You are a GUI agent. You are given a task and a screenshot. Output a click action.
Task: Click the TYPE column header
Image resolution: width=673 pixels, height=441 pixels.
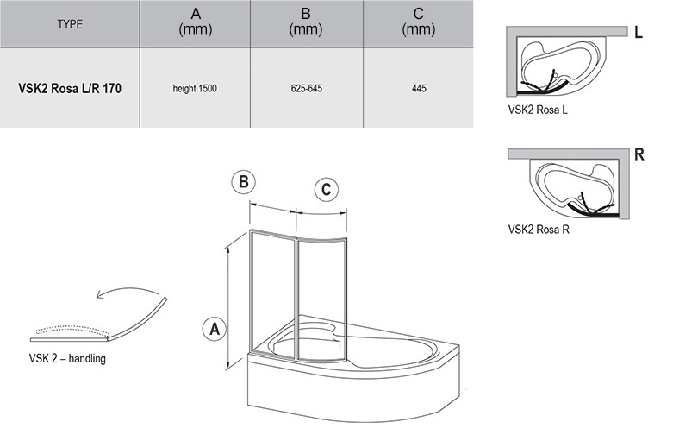(x=70, y=24)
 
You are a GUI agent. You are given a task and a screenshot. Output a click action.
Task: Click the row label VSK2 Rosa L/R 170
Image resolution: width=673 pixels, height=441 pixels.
(x=70, y=88)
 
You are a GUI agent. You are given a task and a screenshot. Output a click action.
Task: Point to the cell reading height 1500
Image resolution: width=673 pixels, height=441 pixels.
(x=195, y=89)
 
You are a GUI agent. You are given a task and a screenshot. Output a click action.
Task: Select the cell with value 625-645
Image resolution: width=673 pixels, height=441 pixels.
(x=307, y=89)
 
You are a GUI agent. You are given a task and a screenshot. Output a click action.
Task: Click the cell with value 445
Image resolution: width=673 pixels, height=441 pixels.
(x=419, y=89)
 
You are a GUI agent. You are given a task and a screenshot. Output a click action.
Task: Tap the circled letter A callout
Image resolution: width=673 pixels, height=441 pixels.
(x=215, y=330)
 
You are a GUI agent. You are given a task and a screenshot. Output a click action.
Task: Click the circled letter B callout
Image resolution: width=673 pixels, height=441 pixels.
(x=243, y=182)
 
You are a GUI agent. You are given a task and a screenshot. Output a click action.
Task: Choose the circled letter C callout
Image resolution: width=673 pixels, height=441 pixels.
(x=327, y=190)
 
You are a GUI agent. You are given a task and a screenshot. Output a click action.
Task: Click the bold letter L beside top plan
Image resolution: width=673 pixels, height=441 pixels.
(x=639, y=32)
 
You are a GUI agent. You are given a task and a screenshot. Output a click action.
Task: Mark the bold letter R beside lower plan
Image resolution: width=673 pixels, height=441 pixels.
(x=639, y=154)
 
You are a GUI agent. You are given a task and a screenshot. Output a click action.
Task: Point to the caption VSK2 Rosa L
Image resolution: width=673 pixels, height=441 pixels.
(x=538, y=110)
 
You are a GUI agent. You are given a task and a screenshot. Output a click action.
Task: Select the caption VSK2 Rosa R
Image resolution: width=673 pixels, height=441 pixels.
(x=539, y=229)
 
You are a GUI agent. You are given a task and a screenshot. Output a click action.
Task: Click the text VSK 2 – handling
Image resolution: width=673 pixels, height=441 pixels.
(x=67, y=358)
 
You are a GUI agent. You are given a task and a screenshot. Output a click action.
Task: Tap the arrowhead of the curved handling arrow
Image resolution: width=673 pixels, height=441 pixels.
(x=100, y=294)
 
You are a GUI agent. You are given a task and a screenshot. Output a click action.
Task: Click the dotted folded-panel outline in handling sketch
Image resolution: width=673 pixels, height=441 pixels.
(x=72, y=330)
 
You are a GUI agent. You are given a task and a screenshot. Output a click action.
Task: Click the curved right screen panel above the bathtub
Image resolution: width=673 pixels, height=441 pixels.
(x=321, y=299)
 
